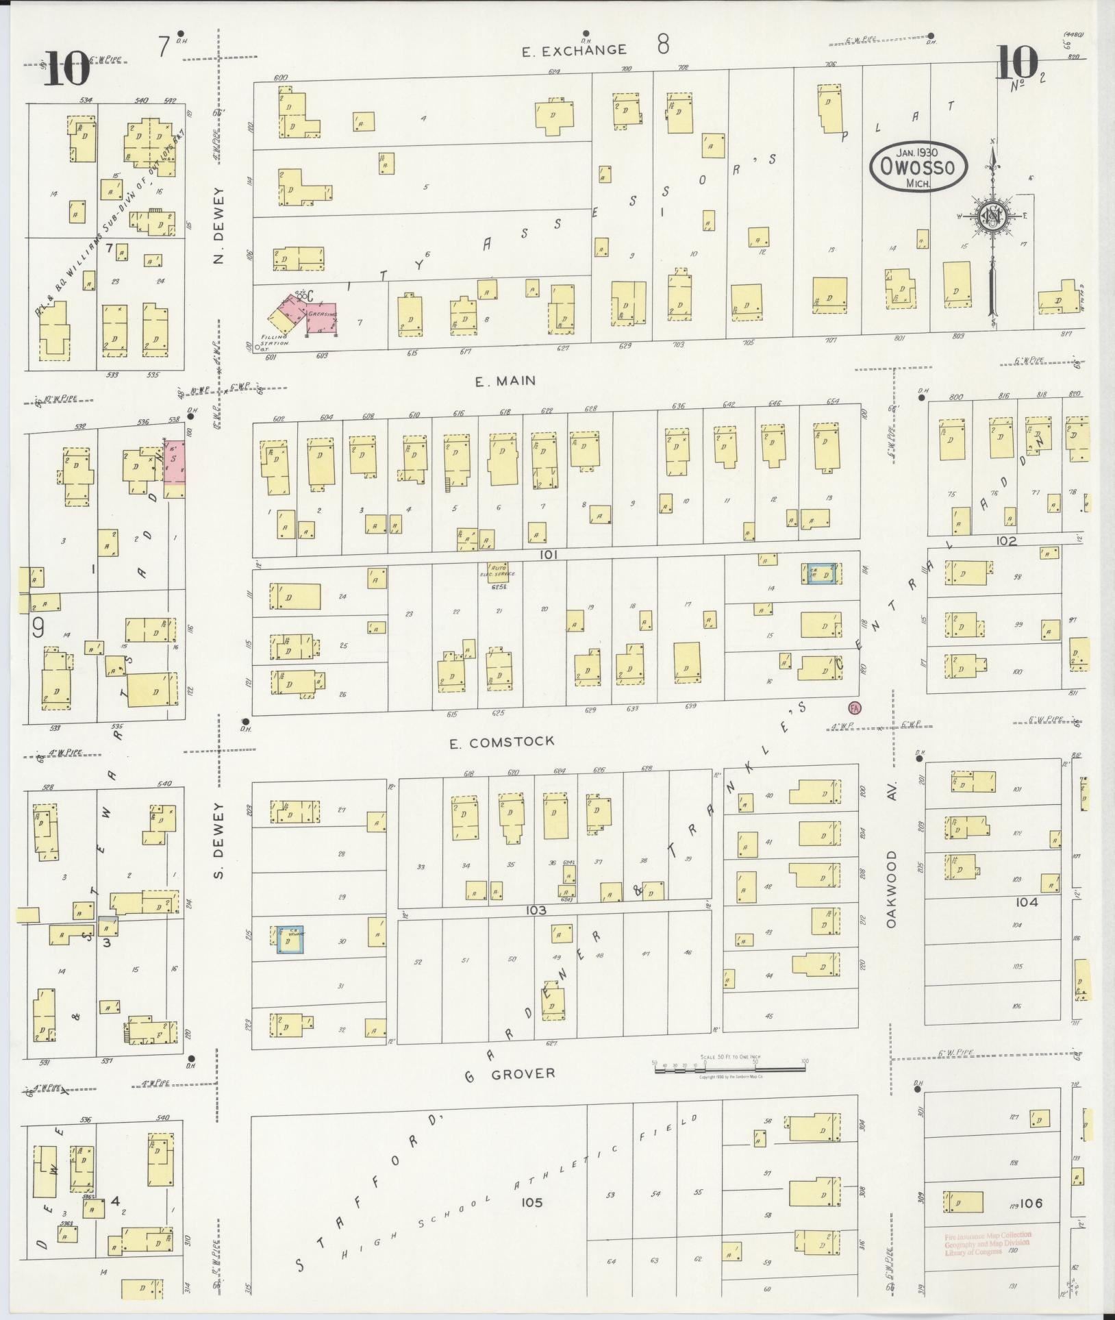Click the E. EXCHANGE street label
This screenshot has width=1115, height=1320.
[574, 50]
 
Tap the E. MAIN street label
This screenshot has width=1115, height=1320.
[505, 381]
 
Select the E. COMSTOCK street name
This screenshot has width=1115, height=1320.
[502, 742]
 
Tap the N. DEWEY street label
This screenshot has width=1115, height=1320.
[218, 225]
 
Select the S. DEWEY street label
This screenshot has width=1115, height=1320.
[218, 844]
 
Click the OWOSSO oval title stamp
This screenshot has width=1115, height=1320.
[918, 166]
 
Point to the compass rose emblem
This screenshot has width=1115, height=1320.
[991, 218]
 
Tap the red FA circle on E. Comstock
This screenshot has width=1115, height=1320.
[854, 708]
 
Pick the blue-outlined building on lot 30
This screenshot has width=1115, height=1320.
[290, 939]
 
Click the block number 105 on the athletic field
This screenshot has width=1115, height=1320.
[531, 1201]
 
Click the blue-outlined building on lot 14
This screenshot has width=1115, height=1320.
[820, 573]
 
